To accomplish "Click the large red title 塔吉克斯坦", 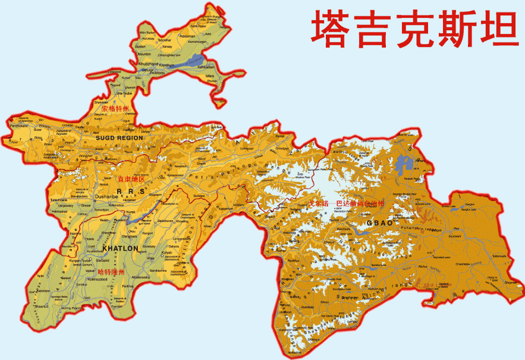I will pos(415,29).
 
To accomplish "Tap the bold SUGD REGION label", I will pos(119,138).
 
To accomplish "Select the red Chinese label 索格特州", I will pos(115,109).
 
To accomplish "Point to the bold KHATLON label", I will pos(120,248).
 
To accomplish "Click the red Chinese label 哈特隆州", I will pos(112,272).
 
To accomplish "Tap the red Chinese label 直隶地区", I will pos(131,179).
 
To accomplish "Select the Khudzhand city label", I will pos(147,64).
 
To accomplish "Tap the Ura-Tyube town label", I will pos(125,93).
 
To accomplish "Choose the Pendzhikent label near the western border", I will pos(18,126).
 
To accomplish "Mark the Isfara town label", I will pos(209,76).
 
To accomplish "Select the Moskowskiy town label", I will pos(141,277).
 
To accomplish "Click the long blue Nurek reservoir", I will pos(149,209).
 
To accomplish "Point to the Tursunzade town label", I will pos(58,201).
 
